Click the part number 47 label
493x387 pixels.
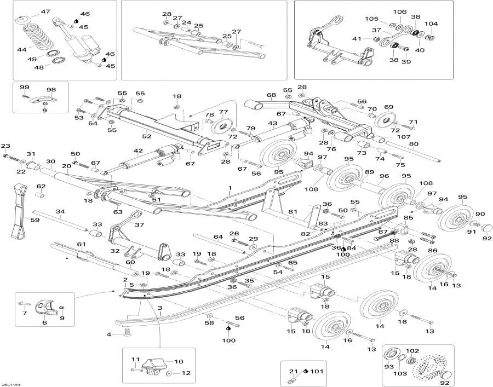[x=45, y=11]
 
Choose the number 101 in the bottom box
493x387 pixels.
[x=317, y=372]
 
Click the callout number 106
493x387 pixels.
[x=400, y=11]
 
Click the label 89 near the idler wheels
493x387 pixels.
[x=370, y=172]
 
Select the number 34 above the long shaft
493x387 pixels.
[x=60, y=211]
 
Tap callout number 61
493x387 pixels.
[x=82, y=244]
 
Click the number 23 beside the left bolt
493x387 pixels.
[x=5, y=146]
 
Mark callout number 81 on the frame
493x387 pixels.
[x=293, y=212]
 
